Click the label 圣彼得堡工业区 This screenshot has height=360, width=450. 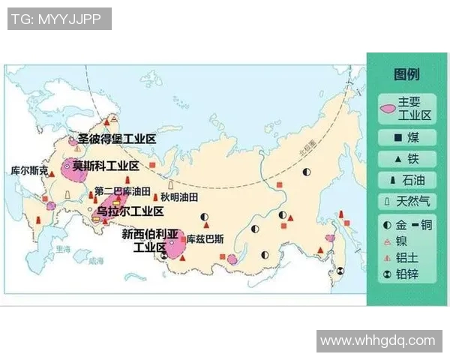[116, 139]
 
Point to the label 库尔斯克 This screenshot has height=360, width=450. [31, 172]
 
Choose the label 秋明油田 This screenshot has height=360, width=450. [179, 197]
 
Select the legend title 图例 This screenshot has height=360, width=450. [406, 74]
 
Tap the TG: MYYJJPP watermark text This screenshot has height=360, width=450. [59, 19]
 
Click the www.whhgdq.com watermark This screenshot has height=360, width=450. [377, 341]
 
